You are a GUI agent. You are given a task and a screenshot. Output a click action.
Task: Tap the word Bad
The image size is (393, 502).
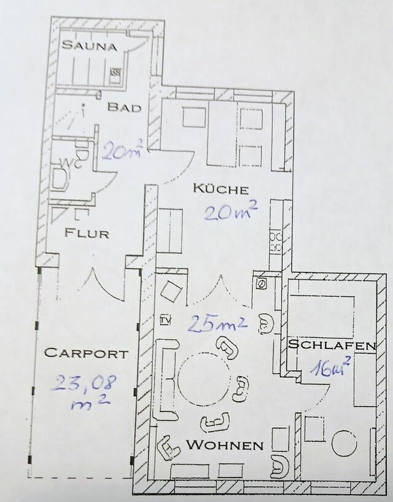click(x=124, y=108)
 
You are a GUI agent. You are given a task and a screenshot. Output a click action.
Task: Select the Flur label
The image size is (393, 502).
click(x=87, y=233)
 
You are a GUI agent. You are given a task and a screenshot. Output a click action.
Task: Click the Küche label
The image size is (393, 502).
click(x=220, y=189)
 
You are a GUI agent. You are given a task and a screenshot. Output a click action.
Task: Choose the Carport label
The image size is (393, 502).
click(x=87, y=353)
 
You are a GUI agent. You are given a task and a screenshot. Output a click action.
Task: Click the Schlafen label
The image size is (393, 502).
click(x=332, y=345)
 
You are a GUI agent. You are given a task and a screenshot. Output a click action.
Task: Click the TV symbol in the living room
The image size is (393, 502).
click(x=165, y=319)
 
